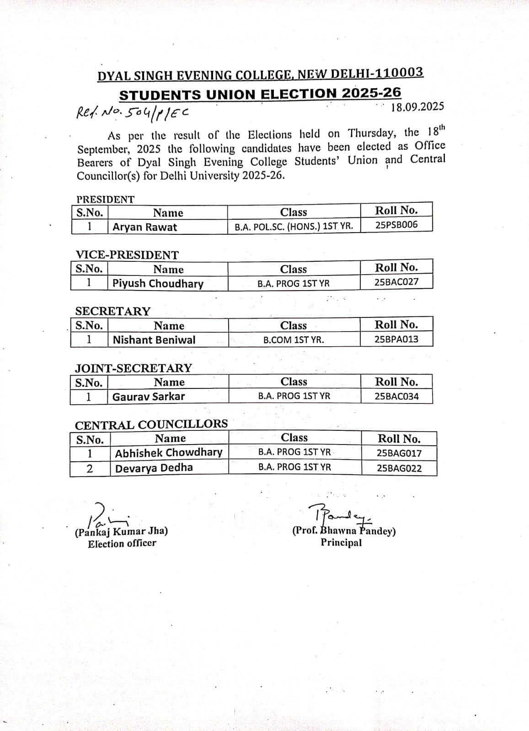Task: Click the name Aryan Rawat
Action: tap(144, 227)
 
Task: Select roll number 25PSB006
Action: tap(396, 225)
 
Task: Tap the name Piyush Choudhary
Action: tap(158, 283)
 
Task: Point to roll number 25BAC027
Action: tap(396, 282)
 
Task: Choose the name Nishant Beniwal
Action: tap(154, 340)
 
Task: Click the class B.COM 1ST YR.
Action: tap(294, 340)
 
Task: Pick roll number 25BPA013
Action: tap(396, 339)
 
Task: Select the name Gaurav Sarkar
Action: tap(149, 397)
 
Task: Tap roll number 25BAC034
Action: tap(396, 397)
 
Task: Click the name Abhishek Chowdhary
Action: tap(169, 453)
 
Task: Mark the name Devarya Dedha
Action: tap(154, 468)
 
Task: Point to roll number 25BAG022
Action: tap(399, 468)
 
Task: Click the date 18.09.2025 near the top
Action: tap(417, 107)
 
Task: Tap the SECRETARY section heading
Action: tap(112, 311)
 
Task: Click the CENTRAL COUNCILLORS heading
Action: tap(151, 425)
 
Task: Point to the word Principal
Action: tap(341, 543)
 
